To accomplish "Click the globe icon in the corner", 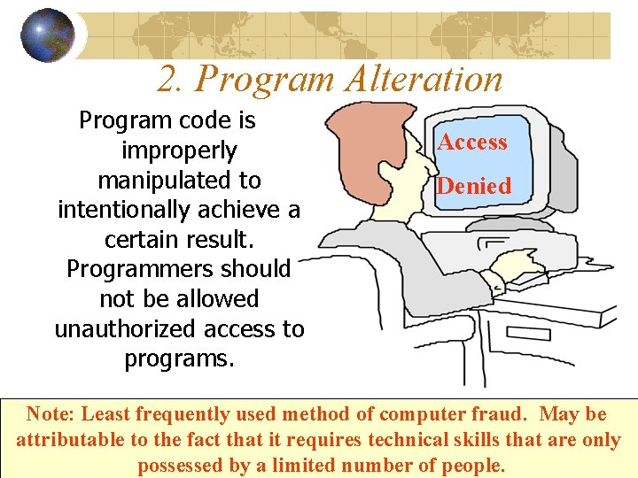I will click(x=47, y=35).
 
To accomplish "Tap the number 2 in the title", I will click(x=167, y=79).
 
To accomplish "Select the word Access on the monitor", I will click(x=472, y=142).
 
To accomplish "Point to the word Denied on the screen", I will click(x=474, y=186).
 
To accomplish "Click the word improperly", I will click(x=179, y=150).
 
